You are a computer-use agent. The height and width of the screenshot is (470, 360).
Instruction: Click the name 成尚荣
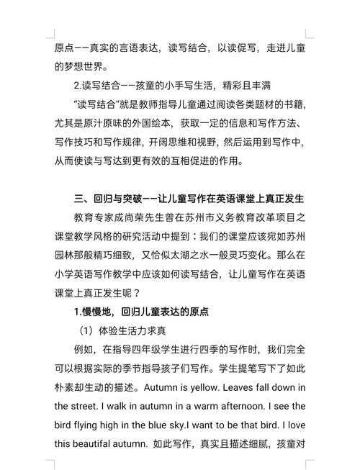tap(138, 217)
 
